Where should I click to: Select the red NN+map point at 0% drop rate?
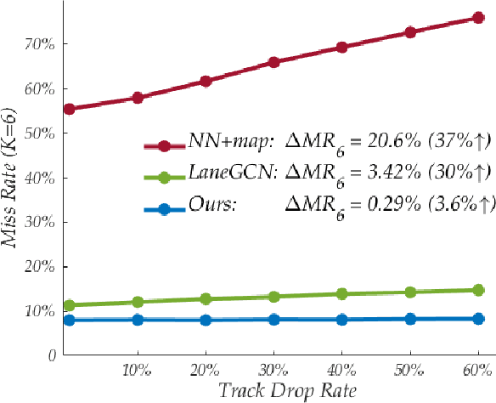[x=69, y=109]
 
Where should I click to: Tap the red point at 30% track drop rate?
[x=273, y=62]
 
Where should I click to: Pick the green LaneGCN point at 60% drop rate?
[x=477, y=290]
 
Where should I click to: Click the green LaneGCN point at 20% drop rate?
[x=206, y=298]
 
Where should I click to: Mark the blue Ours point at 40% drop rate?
[x=341, y=320]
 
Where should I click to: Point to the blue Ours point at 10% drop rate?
[x=138, y=320]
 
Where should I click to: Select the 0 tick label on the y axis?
[x=53, y=355]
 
